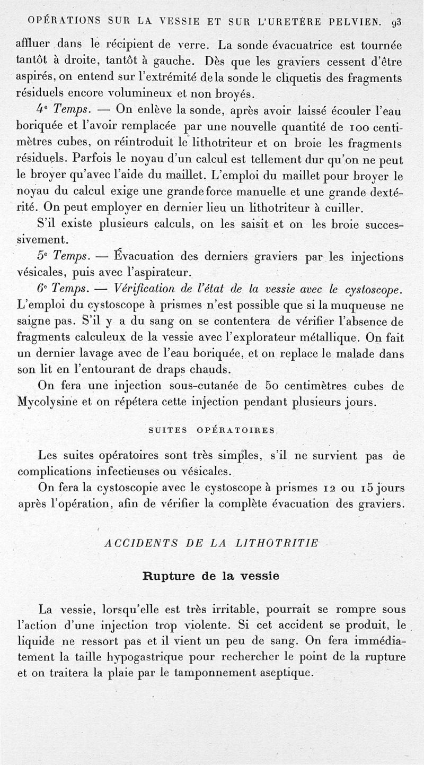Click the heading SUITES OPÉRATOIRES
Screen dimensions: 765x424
[211, 430]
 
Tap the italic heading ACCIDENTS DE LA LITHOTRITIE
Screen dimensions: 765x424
[212, 543]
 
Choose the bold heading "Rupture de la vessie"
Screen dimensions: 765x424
[211, 576]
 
